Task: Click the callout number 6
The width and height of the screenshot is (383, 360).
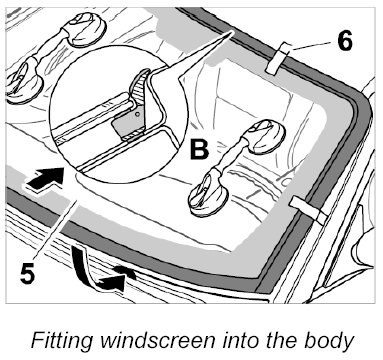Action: pyautogui.click(x=344, y=41)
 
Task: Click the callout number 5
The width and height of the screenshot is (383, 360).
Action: pyautogui.click(x=27, y=273)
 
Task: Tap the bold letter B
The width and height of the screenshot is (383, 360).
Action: pyautogui.click(x=199, y=149)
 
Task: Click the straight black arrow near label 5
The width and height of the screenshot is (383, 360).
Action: pyautogui.click(x=45, y=180)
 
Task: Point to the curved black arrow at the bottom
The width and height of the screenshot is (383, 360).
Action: pyautogui.click(x=100, y=273)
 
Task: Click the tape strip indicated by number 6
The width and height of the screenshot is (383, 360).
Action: pyautogui.click(x=277, y=58)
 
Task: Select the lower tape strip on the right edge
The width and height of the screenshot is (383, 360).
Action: pyautogui.click(x=308, y=210)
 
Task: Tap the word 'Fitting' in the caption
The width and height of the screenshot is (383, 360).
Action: pyautogui.click(x=62, y=340)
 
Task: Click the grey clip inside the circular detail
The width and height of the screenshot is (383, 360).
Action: pyautogui.click(x=128, y=125)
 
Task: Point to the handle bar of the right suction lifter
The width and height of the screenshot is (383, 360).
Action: pyautogui.click(x=235, y=158)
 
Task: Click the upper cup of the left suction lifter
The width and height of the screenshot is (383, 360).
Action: pyautogui.click(x=87, y=29)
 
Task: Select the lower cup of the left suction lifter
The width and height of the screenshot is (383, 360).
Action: pyautogui.click(x=24, y=82)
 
